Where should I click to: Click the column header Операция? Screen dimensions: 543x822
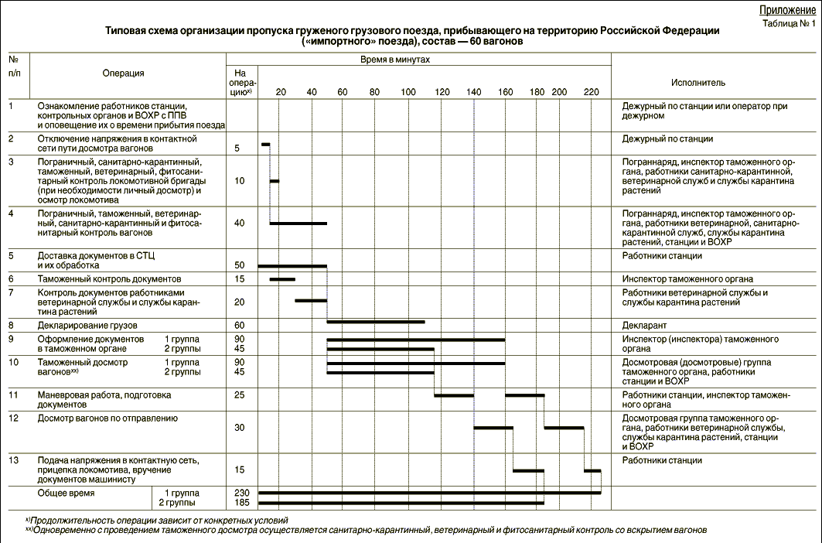(x=124, y=73)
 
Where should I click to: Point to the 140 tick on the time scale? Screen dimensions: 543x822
(x=473, y=92)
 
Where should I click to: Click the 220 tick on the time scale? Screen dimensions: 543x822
(x=592, y=92)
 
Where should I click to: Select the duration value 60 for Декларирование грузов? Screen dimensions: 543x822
(x=240, y=325)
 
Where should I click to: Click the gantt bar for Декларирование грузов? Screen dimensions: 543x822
(x=376, y=321)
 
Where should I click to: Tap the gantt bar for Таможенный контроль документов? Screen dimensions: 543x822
(x=282, y=279)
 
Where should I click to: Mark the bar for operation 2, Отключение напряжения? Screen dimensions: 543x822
(x=266, y=144)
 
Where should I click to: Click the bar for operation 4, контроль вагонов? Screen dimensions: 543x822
(x=298, y=224)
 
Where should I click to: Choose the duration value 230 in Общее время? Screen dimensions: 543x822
(x=240, y=493)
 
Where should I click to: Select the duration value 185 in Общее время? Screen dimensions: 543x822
(x=240, y=503)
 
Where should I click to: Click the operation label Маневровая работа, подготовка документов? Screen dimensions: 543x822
(x=104, y=400)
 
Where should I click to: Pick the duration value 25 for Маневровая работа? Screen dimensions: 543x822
(x=240, y=395)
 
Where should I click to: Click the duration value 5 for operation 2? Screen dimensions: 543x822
(x=237, y=147)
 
